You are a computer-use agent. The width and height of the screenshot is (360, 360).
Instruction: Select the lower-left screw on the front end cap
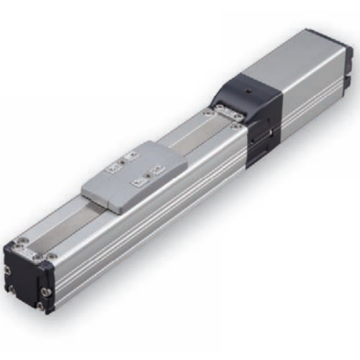pyautogui.click(x=12, y=291)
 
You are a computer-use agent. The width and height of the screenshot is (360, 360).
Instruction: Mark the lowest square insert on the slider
pyautogui.click(x=136, y=183)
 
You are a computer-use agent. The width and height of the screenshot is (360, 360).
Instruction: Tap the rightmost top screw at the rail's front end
pyautogui.click(x=51, y=256)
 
